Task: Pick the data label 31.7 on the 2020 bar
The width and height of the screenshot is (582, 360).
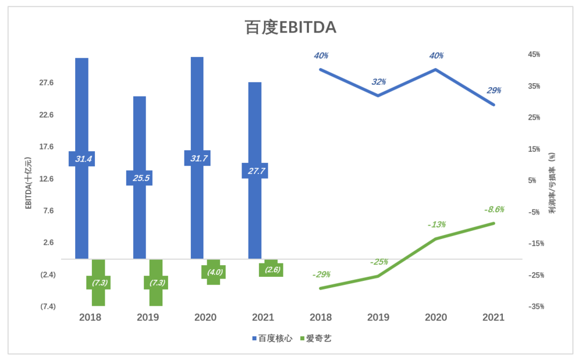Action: (x=197, y=158)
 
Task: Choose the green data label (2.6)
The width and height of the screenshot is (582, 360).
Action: (x=271, y=269)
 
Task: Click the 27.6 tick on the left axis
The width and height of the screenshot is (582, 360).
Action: (x=47, y=83)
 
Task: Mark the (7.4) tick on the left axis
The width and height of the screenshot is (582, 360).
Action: (x=48, y=306)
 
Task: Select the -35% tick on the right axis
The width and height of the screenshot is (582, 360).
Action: (x=534, y=306)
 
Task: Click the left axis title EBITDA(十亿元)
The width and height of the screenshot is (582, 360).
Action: (x=29, y=183)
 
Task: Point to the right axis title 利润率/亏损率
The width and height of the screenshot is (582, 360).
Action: (x=552, y=183)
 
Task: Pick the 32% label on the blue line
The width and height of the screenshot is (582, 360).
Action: (x=379, y=82)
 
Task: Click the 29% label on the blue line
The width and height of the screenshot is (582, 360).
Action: (x=494, y=91)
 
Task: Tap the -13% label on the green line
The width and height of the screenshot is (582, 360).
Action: (x=436, y=224)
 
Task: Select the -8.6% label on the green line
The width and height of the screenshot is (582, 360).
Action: (x=494, y=209)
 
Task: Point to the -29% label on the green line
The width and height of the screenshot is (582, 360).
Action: (x=321, y=275)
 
